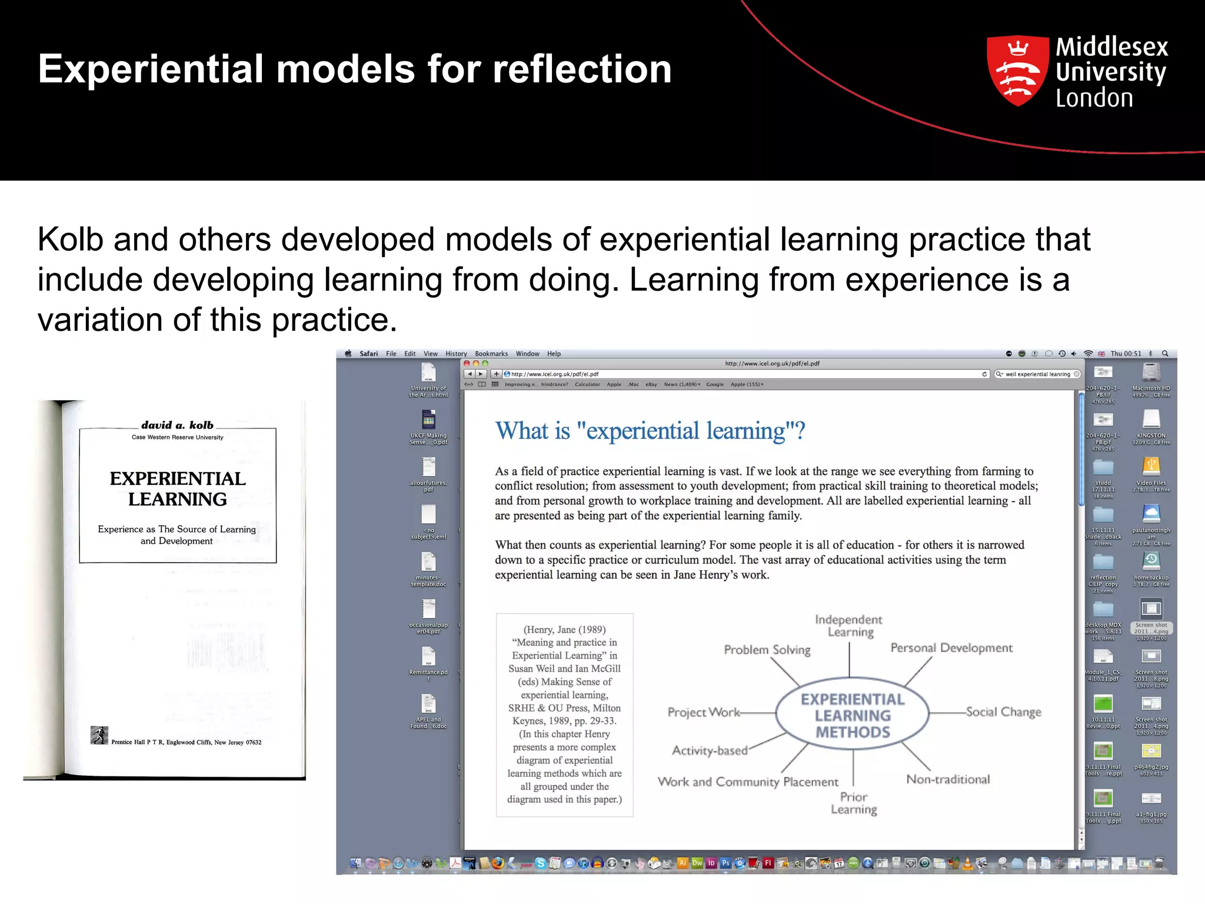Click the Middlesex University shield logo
point(1017,71)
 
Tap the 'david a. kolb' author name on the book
point(177,425)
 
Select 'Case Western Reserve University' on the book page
point(177,437)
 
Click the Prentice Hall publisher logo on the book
point(99,735)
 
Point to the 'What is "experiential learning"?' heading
point(650,431)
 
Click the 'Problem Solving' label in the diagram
point(767,650)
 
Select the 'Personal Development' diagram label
point(951,648)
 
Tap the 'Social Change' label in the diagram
point(1003,712)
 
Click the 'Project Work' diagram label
point(704,713)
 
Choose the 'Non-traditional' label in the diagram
point(948,779)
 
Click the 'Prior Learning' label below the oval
point(854,803)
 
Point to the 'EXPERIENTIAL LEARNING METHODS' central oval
point(853,716)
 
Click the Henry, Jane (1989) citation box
point(564,714)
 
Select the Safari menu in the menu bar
point(369,354)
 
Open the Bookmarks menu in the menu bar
point(491,354)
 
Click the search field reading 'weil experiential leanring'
point(1037,374)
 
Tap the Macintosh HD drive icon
point(1151,373)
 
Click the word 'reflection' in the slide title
point(582,69)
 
